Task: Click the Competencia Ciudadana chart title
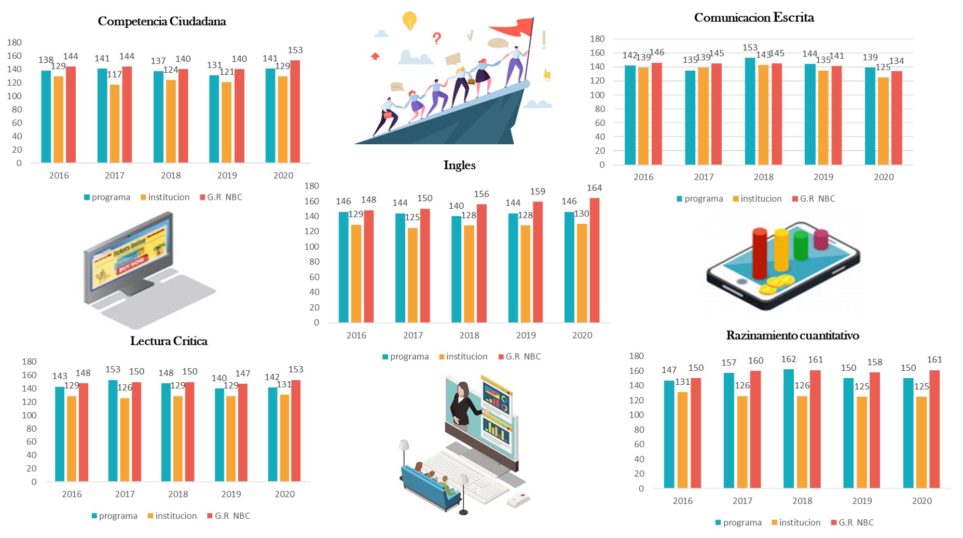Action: click(162, 21)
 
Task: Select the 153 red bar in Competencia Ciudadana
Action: click(295, 111)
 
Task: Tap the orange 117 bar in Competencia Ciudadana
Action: click(114, 123)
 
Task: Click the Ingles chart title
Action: click(459, 165)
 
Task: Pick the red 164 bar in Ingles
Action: click(594, 260)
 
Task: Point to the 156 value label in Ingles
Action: click(481, 194)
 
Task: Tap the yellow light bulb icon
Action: click(410, 20)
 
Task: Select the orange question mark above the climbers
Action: click(437, 37)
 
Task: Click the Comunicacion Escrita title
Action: click(754, 18)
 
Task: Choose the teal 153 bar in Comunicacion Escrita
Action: click(750, 111)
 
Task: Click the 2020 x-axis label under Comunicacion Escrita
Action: click(884, 177)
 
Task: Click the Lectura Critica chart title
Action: click(169, 341)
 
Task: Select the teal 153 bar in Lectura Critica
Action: click(113, 431)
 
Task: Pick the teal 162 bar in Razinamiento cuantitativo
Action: click(788, 428)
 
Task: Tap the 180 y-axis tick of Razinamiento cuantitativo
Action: click(636, 356)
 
